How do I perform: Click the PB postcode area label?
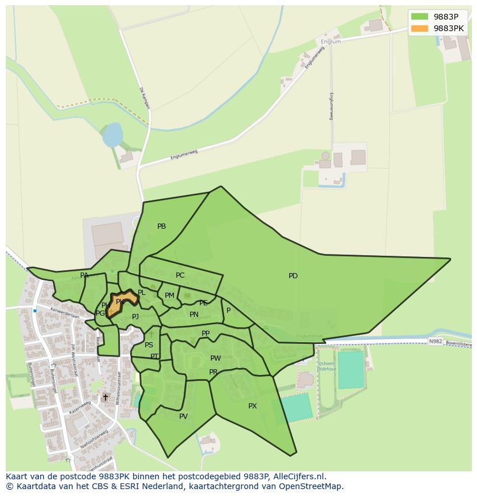[x=161, y=226]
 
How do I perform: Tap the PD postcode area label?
[x=293, y=276]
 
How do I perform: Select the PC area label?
[x=180, y=275]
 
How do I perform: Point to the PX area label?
[x=252, y=406]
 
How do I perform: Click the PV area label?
[x=183, y=417]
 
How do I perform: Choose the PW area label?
[x=215, y=358]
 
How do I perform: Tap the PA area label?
[x=85, y=275]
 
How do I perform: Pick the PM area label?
[x=169, y=296]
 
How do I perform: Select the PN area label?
[x=194, y=315]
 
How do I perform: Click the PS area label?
[x=149, y=345]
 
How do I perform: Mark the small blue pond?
[x=112, y=134]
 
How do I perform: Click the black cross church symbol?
[x=105, y=397]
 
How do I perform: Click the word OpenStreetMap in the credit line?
[x=315, y=487]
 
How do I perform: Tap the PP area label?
[x=206, y=334]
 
